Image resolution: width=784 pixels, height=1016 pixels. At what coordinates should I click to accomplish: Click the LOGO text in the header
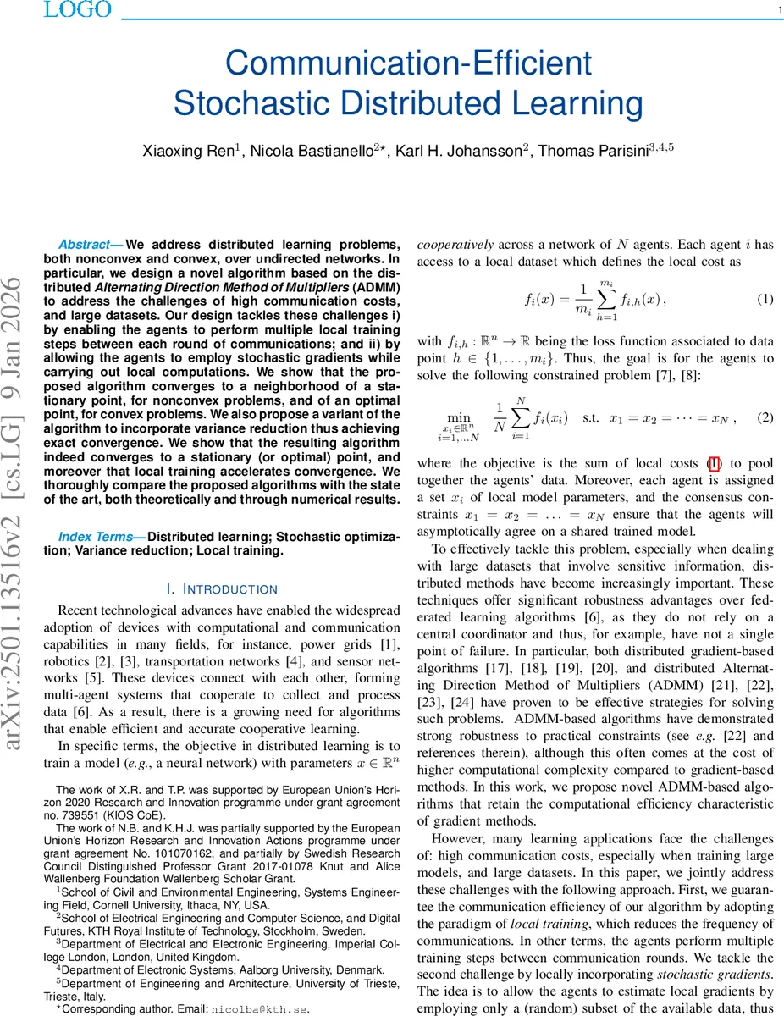(x=77, y=9)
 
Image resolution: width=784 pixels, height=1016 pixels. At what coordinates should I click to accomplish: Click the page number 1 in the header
(x=778, y=10)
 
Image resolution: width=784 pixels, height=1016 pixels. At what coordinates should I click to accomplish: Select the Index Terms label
(x=102, y=537)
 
